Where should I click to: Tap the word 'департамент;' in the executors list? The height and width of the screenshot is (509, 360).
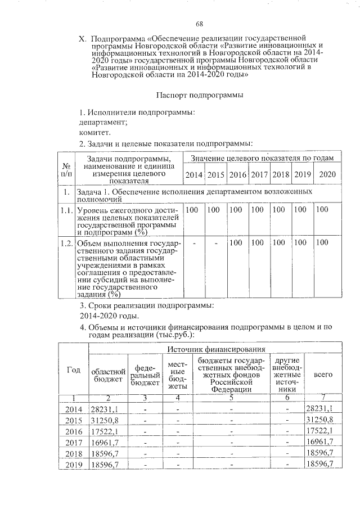click(x=103, y=122)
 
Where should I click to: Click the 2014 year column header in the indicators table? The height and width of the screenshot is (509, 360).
click(x=194, y=175)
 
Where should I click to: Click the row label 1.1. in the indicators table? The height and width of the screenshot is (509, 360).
click(x=66, y=210)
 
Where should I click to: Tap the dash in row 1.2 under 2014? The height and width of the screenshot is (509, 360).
click(x=194, y=243)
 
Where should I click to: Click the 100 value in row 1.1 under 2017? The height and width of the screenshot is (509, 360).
click(x=258, y=210)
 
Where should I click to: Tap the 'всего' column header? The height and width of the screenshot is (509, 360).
click(x=322, y=374)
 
